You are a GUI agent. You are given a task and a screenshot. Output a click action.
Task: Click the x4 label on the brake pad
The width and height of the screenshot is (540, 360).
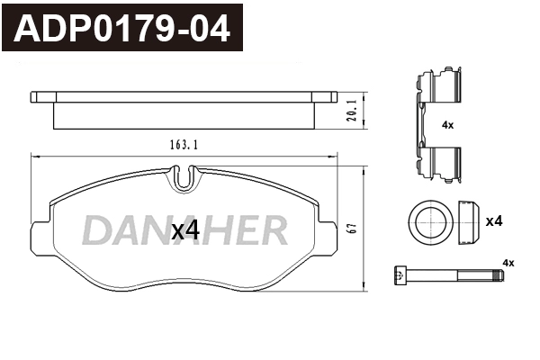(184, 230)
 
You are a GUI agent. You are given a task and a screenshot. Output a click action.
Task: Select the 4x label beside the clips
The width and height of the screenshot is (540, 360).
(447, 126)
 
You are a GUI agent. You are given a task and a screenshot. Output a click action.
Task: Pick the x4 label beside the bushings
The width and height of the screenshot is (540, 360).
(493, 221)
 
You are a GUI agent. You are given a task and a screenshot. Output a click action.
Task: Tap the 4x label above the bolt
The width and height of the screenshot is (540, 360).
(508, 262)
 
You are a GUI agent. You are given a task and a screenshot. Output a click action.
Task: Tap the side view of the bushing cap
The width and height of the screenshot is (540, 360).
(466, 221)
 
